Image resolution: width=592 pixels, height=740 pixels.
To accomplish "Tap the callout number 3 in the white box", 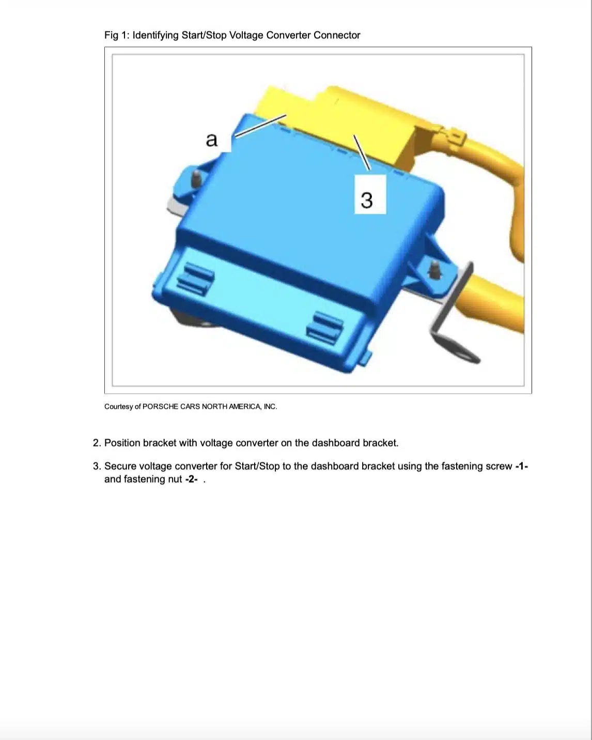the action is click(366, 200).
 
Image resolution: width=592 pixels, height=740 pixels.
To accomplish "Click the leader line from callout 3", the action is click(362, 152).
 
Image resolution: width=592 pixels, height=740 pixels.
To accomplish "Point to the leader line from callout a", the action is click(260, 126).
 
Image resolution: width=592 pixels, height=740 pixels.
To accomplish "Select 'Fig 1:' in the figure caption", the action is click(117, 36).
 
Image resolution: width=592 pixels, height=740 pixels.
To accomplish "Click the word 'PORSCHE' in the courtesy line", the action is click(160, 407).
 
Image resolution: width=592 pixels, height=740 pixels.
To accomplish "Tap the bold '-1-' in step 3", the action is click(522, 466).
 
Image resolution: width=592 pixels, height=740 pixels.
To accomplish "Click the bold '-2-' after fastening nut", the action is click(191, 479).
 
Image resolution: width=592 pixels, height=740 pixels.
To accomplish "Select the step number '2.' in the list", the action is click(97, 443).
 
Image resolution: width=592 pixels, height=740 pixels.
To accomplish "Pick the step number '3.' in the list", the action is click(97, 466).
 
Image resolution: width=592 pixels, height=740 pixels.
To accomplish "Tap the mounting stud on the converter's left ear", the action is click(196, 178).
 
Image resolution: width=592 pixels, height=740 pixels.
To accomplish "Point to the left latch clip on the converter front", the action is click(195, 279).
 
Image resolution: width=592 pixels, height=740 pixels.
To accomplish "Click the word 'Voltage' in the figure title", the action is click(246, 36).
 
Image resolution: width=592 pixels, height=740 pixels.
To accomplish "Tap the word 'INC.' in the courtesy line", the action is click(270, 407).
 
